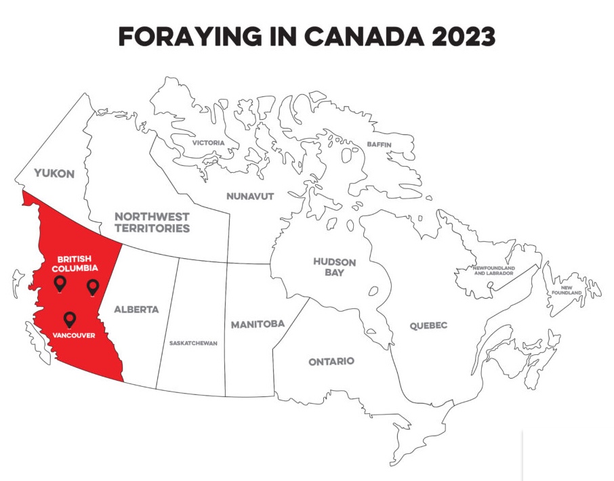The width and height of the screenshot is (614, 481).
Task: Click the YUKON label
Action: tap(54, 173)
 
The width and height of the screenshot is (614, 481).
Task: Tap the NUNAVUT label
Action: tap(250, 196)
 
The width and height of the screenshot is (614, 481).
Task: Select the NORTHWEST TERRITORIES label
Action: tap(152, 222)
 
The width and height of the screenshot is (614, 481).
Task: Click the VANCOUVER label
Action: tap(73, 335)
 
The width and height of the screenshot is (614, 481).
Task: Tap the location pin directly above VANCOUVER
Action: tap(69, 319)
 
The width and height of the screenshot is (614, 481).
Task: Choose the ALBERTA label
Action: tap(136, 310)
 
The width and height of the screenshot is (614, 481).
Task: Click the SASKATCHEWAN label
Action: tap(193, 343)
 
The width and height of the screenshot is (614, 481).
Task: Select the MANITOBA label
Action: tap(258, 325)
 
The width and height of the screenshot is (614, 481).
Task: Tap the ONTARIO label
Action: tap(331, 362)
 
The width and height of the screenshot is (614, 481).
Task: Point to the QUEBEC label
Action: tap(428, 326)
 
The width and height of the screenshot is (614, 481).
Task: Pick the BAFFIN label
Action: tap(380, 145)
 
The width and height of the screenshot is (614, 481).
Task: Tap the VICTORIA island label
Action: tap(208, 143)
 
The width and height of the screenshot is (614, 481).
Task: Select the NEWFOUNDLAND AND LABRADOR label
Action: tap(493, 271)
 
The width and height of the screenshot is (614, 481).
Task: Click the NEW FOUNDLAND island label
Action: tap(567, 289)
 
